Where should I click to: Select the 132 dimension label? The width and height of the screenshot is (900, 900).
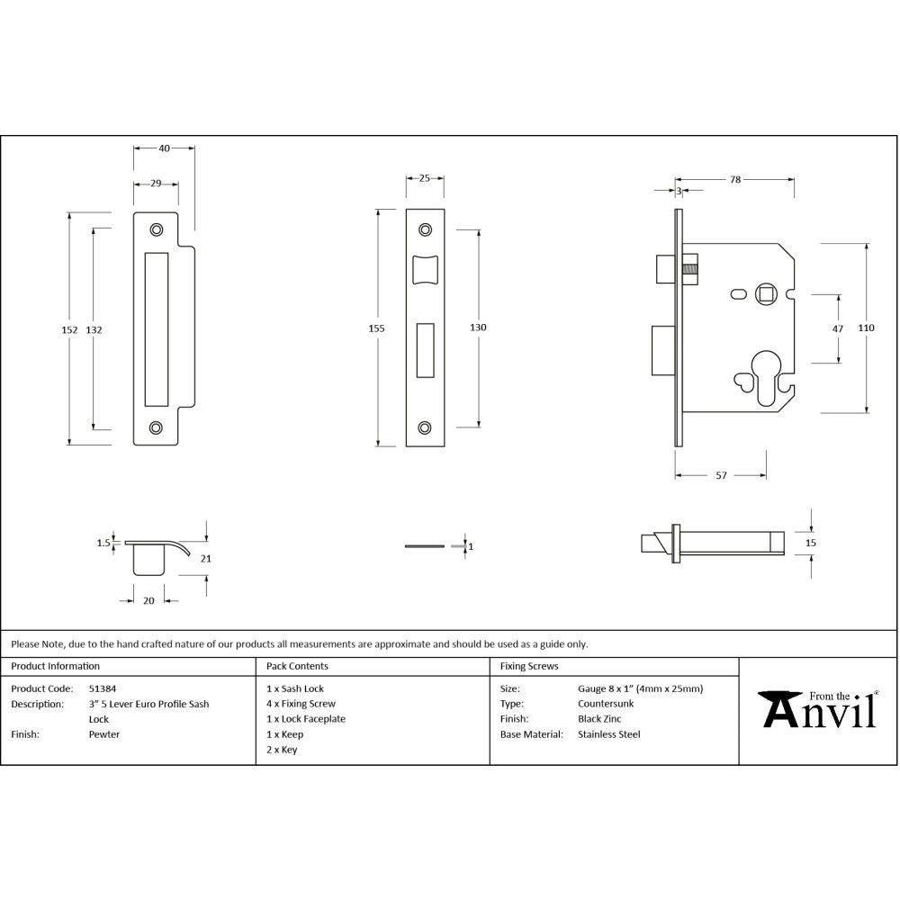pos(94,329)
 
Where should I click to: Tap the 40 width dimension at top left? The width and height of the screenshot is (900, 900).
pos(165,148)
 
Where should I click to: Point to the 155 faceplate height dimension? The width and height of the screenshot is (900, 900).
pos(376,328)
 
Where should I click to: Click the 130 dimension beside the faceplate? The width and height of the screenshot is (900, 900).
pos(478,328)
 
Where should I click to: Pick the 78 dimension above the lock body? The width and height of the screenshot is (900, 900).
pos(734,180)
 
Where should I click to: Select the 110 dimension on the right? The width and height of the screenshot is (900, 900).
pos(866,328)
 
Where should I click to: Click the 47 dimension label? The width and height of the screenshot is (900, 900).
pos(838,329)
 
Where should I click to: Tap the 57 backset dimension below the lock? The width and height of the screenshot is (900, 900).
pos(721,475)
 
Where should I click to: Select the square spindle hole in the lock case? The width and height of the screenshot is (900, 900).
pos(766,292)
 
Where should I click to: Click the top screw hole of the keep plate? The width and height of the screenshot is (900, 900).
pos(157,230)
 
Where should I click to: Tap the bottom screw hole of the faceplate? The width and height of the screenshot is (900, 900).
pos(425,427)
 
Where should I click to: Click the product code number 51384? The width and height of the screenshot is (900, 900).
pos(102,688)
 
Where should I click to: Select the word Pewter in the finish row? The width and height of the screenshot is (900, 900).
pos(103,734)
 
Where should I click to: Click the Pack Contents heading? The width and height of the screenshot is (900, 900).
pos(297,666)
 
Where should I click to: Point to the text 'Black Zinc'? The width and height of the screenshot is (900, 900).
pos(600,719)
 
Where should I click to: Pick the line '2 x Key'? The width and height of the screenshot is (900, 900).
pos(282,750)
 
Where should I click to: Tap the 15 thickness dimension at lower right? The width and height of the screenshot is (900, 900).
pos(810,543)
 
